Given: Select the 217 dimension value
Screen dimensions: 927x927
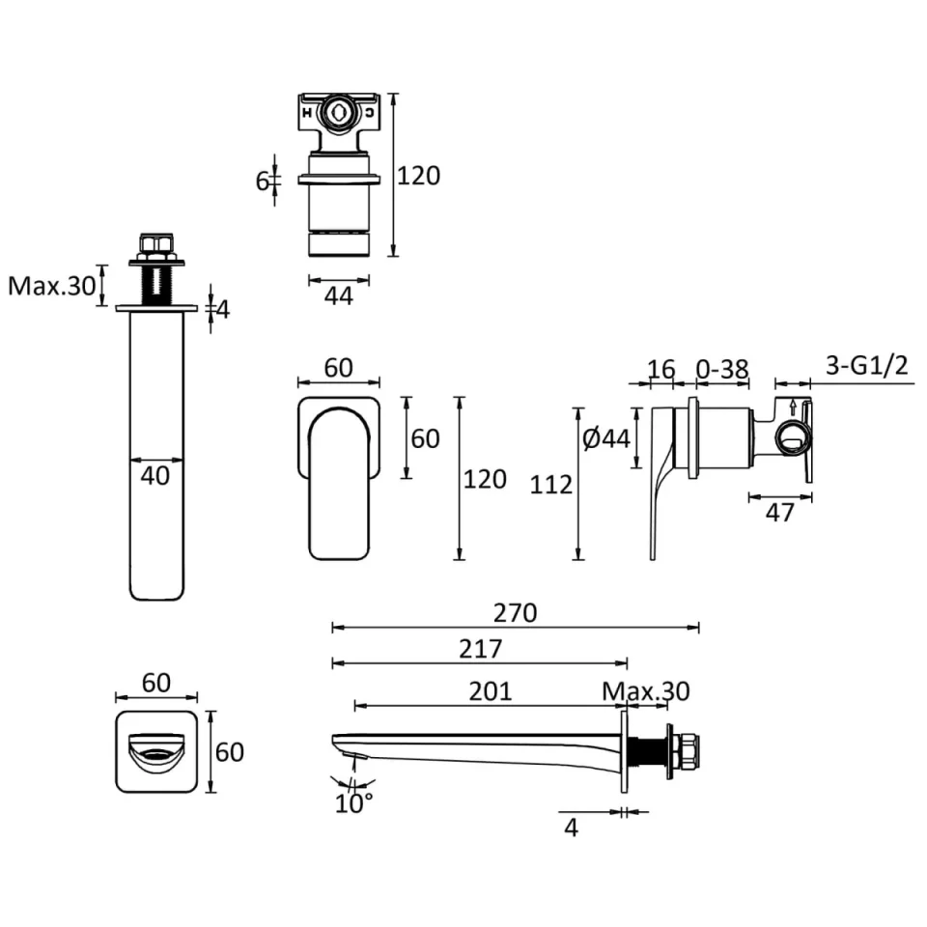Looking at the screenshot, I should (482, 649).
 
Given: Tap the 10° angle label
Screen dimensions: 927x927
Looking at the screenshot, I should (354, 802).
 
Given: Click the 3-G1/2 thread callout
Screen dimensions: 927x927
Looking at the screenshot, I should (868, 366).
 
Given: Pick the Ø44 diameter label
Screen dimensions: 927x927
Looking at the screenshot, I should (606, 438).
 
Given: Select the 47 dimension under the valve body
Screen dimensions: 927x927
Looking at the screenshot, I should (779, 513).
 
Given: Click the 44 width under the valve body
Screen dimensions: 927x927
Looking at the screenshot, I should (338, 295).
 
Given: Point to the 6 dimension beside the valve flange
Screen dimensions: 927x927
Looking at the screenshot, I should (262, 181).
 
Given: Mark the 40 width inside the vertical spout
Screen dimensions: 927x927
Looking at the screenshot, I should (154, 474).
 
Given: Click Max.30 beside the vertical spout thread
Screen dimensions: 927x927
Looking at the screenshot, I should (52, 286).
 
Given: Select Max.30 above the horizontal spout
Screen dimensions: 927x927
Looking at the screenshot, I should (646, 691).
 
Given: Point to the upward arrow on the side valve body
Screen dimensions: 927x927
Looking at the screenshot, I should (793, 407).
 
